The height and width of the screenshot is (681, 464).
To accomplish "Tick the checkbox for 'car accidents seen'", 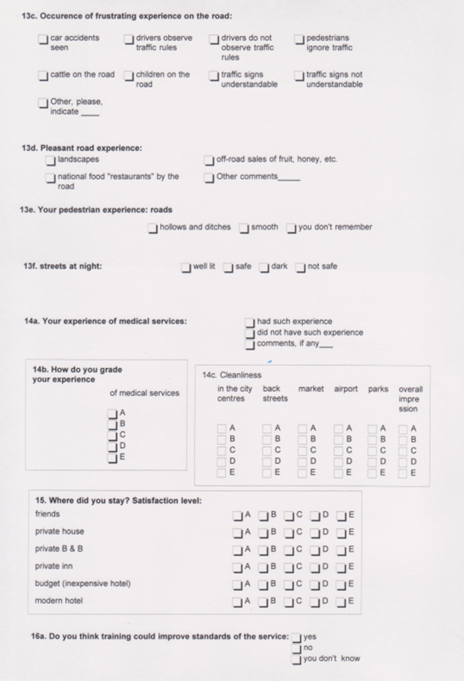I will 43,40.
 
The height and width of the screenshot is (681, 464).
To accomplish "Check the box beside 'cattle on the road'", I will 43,76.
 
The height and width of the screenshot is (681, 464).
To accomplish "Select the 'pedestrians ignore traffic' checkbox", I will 300,40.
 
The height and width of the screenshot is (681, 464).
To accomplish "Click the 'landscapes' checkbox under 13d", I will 51,160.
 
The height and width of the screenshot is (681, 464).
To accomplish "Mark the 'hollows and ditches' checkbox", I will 153,229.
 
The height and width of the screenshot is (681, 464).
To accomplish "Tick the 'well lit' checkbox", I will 186,268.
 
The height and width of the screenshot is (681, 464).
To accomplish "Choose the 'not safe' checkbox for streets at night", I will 300,268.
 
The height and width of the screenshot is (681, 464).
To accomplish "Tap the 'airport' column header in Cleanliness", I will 346,389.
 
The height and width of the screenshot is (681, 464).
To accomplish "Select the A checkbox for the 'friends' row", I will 238,515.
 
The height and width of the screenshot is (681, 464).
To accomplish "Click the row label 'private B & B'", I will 59,549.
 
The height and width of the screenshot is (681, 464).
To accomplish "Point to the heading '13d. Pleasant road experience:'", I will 82,148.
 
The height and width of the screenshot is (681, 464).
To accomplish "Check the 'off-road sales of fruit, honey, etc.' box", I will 209,160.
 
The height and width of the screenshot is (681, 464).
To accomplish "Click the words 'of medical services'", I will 144,393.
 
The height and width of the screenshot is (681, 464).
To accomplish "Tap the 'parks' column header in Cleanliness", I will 378,389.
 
